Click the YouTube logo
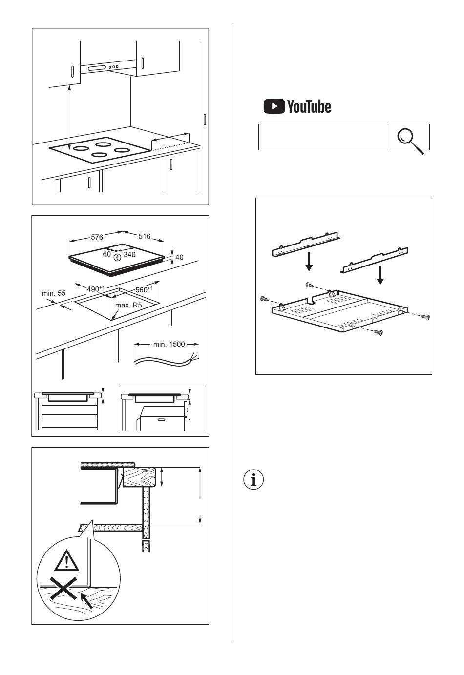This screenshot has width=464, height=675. (297, 106)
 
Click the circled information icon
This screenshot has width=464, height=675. (253, 480)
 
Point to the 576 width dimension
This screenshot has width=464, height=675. (97, 237)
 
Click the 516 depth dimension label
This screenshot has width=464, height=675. (145, 236)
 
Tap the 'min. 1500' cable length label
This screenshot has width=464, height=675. (169, 344)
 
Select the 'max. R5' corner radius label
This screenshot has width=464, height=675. (128, 306)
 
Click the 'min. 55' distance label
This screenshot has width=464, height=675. (54, 293)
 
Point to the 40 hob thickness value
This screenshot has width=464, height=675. (179, 257)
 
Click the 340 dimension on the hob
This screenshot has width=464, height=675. (129, 254)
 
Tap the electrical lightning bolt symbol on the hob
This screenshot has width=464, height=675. (117, 257)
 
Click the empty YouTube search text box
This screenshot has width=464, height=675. (322, 137)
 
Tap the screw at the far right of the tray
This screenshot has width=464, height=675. (426, 317)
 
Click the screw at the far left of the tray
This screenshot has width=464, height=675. (264, 298)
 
